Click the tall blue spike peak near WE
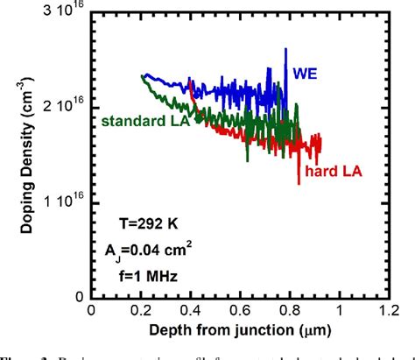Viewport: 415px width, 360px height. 285,50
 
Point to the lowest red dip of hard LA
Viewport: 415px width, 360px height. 299,182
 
